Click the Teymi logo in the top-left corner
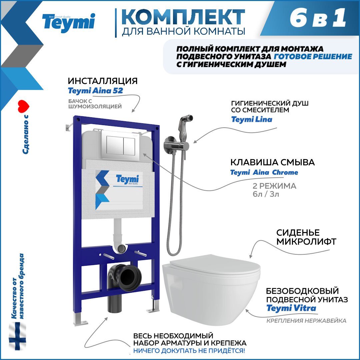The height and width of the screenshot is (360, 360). [68, 23]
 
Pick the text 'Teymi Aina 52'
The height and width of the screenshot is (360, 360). [95, 91]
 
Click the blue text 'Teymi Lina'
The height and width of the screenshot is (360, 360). [252, 119]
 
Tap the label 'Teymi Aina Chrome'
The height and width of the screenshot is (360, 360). [264, 172]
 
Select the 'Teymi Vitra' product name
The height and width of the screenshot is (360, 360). [291, 308]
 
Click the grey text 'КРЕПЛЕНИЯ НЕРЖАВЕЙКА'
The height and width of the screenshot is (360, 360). [306, 321]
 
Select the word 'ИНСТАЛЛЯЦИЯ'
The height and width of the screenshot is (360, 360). [103, 81]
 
